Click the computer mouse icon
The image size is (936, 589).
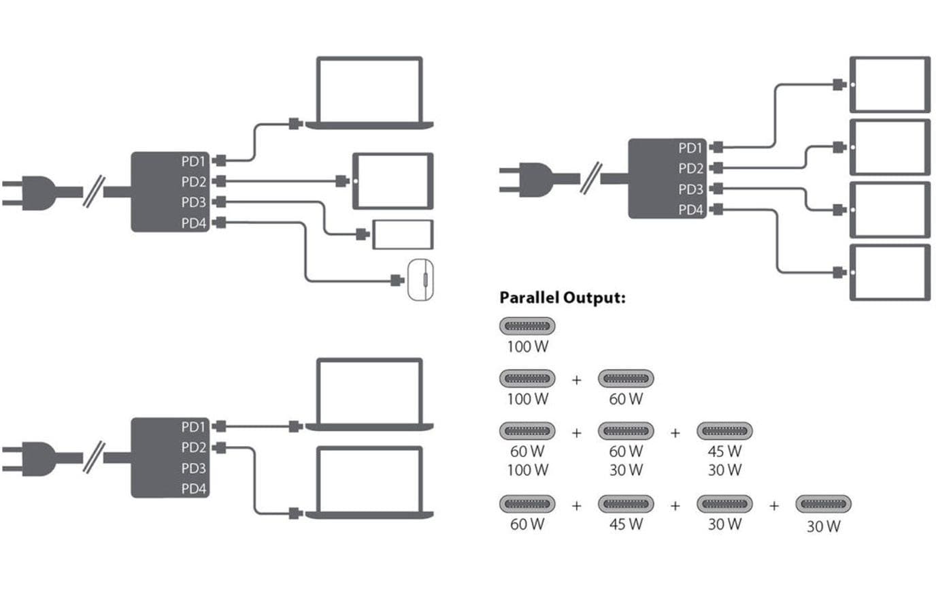[420, 280]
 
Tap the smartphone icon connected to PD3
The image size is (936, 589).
[402, 234]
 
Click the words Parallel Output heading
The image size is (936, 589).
[562, 298]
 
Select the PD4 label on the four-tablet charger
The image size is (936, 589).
[691, 210]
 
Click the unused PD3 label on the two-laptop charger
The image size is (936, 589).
[193, 468]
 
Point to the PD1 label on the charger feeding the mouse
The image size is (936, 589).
[193, 161]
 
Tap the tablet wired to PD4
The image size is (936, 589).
[890, 272]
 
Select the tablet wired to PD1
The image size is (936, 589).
[890, 84]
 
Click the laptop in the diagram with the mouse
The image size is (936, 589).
[369, 93]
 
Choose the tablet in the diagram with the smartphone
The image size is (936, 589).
[392, 181]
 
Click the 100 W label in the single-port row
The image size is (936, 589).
[527, 347]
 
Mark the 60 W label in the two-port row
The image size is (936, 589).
[626, 399]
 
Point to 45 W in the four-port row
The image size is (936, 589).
[626, 524]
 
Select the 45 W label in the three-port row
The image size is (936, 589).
[724, 451]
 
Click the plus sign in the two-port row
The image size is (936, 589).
[577, 379]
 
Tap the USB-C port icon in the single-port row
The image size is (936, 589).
[528, 326]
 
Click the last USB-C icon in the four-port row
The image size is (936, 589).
[823, 505]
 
